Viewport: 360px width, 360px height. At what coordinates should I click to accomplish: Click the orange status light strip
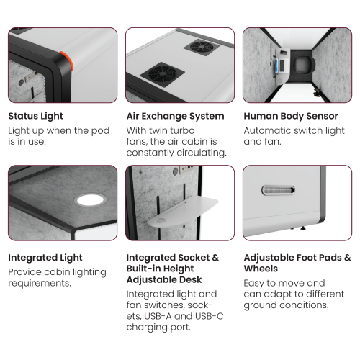67,60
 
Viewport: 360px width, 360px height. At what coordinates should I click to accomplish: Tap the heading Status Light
35,116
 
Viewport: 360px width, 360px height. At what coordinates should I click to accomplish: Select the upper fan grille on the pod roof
202,47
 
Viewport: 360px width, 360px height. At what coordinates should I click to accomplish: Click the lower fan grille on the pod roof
163,74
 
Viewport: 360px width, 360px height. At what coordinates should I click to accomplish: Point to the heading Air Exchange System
176,116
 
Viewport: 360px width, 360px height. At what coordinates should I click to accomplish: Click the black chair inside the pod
304,64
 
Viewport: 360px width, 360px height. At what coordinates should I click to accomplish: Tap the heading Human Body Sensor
291,116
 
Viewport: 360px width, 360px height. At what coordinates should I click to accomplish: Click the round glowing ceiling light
90,200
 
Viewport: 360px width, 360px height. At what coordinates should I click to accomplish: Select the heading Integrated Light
45,258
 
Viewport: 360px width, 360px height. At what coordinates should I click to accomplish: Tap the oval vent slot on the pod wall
278,190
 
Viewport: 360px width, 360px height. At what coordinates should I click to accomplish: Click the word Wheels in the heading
261,269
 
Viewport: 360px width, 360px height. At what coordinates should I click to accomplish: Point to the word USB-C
210,316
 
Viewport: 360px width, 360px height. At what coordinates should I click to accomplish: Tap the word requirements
40,283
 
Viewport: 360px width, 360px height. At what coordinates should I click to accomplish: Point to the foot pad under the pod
303,228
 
